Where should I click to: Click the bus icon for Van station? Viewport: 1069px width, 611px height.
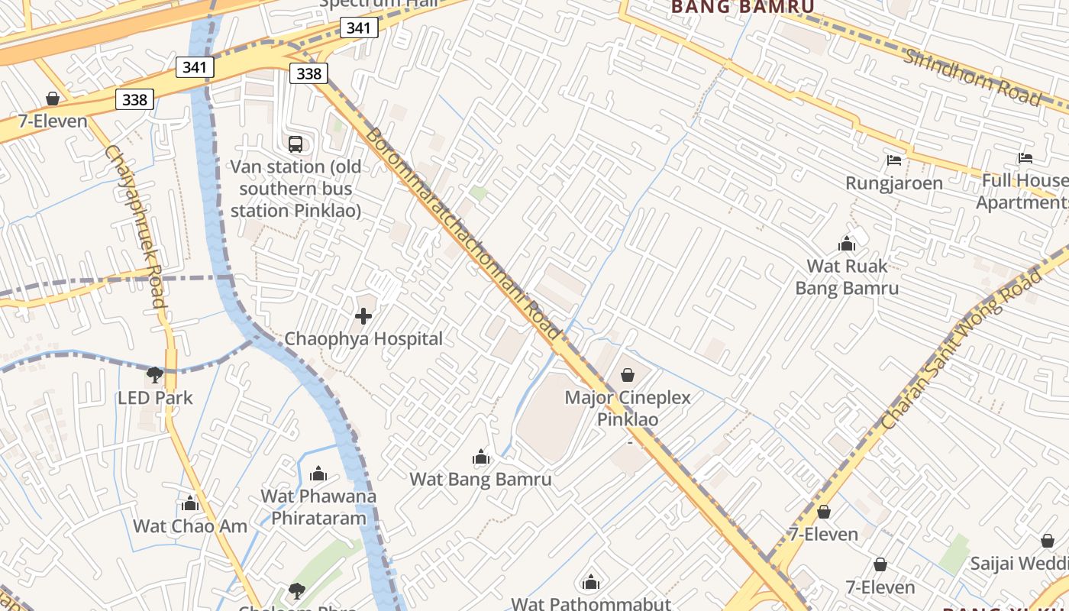pos(296,144)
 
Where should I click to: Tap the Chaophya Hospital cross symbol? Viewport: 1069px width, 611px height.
pos(363,315)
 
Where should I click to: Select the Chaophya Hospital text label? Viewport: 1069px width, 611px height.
pos(363,338)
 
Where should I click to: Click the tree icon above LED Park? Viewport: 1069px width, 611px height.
pos(155,374)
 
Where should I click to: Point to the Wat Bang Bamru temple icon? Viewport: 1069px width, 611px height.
pos(481,457)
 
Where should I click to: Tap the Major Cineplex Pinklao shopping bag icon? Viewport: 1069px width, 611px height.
pos(628,375)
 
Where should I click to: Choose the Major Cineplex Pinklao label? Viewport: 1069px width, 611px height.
pos(628,409)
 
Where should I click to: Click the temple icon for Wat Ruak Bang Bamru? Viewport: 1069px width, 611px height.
pos(847,244)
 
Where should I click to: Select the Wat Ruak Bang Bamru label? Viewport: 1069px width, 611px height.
pos(847,277)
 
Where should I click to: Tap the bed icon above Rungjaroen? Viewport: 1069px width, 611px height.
pos(894,160)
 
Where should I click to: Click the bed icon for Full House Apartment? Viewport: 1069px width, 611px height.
pos(1025,158)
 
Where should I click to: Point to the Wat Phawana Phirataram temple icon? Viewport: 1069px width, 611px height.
pos(318,474)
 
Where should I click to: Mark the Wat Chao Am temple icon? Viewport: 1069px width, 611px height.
pos(190,503)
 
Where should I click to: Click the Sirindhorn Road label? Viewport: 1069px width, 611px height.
pos(972,77)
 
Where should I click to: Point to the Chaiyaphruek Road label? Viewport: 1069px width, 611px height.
pos(135,226)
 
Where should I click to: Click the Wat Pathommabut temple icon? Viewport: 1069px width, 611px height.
pos(591,583)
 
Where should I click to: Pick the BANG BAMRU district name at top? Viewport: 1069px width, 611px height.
pos(742,7)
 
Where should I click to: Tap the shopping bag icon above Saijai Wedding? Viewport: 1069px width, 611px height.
pos(1048,541)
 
